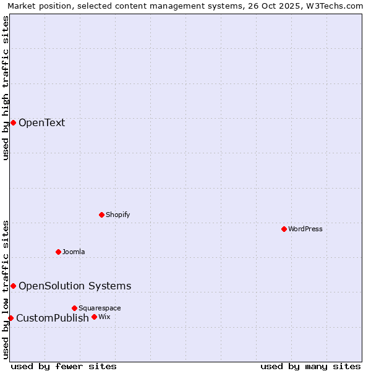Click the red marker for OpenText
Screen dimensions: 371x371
(13, 122)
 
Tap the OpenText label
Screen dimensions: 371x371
(41, 122)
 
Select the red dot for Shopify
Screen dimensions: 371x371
(101, 215)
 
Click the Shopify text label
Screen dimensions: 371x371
(117, 215)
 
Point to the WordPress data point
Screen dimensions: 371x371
(284, 229)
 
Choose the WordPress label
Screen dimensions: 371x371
(305, 229)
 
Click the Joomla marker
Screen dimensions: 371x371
(58, 252)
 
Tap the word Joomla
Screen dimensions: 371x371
(74, 252)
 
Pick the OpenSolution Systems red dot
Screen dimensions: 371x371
(13, 286)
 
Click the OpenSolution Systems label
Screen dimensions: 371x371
(75, 286)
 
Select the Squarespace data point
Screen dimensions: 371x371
(74, 308)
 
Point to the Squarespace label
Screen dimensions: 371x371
(100, 308)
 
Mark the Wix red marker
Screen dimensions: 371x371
(94, 317)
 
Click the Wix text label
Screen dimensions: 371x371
(104, 317)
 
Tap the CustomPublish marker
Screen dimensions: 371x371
(11, 318)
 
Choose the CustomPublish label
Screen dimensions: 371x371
(53, 318)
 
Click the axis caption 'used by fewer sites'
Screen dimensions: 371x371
(64, 366)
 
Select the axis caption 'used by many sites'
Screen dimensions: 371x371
(310, 366)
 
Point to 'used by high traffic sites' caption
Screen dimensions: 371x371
(6, 88)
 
